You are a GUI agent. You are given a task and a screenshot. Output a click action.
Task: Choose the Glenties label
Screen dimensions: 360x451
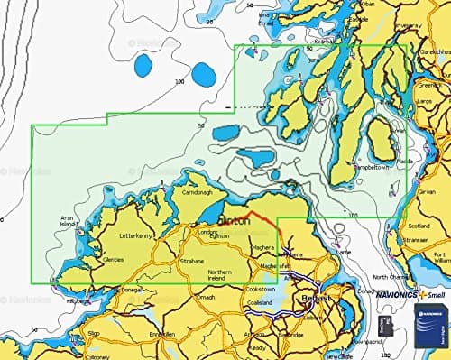click(112, 260)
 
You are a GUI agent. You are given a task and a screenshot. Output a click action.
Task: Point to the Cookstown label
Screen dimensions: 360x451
click(263, 287)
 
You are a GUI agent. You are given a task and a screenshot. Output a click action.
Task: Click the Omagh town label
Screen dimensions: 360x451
click(205, 298)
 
